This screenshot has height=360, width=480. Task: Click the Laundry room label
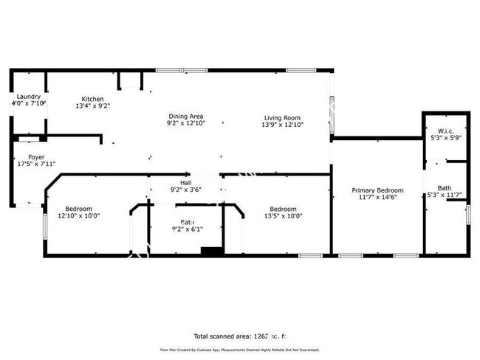point(29,97)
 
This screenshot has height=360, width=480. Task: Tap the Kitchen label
point(92,99)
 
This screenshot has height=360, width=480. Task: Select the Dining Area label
point(185,116)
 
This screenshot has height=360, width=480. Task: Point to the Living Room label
point(283,117)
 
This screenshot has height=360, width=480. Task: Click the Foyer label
point(36,156)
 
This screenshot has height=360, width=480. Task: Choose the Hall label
point(185,182)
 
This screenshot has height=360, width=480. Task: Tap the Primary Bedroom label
point(377,189)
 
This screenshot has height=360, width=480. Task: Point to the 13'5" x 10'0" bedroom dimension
point(283,215)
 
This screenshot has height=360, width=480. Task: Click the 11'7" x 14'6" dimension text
point(377,197)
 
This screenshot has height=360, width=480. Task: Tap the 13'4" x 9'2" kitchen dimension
point(92,106)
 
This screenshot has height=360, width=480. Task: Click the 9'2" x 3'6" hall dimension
point(185,190)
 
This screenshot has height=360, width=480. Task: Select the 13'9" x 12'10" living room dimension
point(283,125)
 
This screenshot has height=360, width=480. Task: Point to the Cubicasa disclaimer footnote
point(239,350)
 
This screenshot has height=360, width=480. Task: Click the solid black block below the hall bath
point(212,252)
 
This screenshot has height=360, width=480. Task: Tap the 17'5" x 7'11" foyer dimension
point(36,164)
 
